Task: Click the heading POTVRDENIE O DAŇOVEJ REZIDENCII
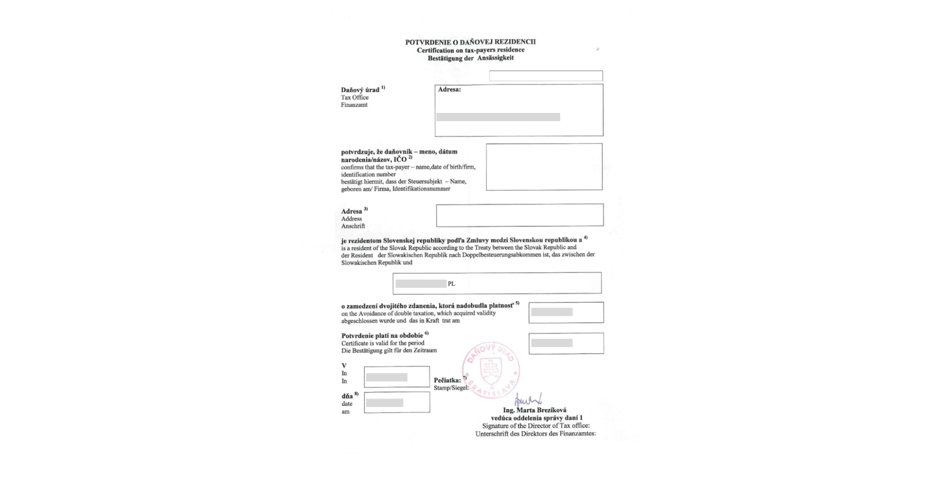pyautogui.click(x=470, y=42)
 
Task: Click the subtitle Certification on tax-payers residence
pyautogui.click(x=470, y=50)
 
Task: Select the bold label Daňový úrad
pyautogui.click(x=360, y=90)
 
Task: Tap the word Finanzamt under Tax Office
pyautogui.click(x=354, y=105)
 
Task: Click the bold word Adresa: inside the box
pyautogui.click(x=449, y=90)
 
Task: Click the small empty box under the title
pyautogui.click(x=546, y=76)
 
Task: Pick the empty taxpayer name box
pyautogui.click(x=544, y=167)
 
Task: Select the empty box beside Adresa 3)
pyautogui.click(x=519, y=215)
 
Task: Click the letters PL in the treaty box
pyautogui.click(x=451, y=284)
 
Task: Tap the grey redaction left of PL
pyautogui.click(x=421, y=284)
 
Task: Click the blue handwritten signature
pyautogui.click(x=528, y=399)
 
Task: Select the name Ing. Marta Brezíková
pyautogui.click(x=535, y=410)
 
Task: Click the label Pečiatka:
pyautogui.click(x=447, y=380)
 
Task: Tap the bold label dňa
pyautogui.click(x=347, y=396)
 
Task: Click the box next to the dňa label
pyautogui.click(x=397, y=403)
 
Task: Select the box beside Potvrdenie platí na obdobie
pyautogui.click(x=566, y=343)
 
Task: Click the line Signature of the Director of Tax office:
pyautogui.click(x=536, y=426)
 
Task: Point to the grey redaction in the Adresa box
pyautogui.click(x=498, y=117)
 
